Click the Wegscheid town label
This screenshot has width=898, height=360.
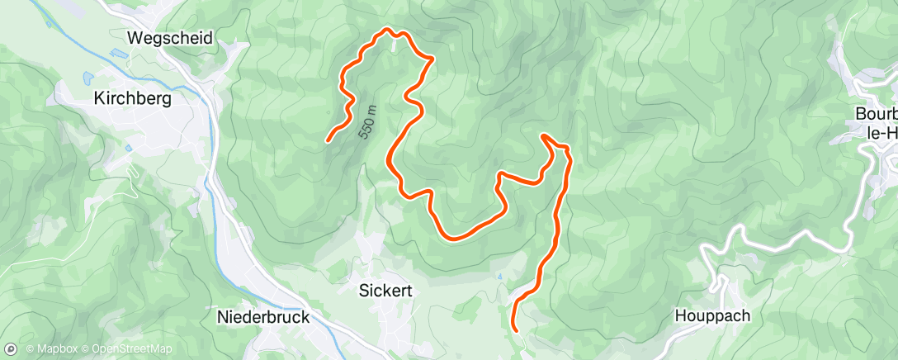coord(171,38)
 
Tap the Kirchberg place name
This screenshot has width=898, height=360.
coord(132,98)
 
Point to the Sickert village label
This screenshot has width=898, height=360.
coord(385,291)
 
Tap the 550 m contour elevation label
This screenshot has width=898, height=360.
coord(366,121)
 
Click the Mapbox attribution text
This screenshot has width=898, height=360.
coord(54,349)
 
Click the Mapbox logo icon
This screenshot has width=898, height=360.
coord(13,348)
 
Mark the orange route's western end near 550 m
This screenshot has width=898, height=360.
coord(328,140)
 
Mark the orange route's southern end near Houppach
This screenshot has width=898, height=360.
coord(516,329)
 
